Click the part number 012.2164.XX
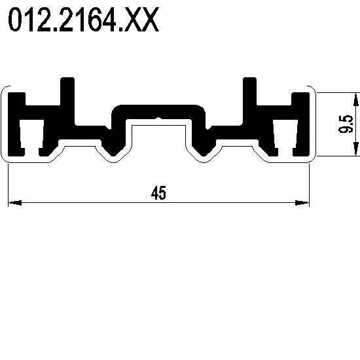click(83, 20)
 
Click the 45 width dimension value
click(158, 192)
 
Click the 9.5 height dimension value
click(346, 124)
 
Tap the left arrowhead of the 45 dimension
click(15, 203)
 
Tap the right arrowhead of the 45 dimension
click(302, 203)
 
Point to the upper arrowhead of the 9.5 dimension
click(356, 99)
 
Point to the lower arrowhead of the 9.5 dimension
click(356, 149)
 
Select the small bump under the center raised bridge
click(158, 118)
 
